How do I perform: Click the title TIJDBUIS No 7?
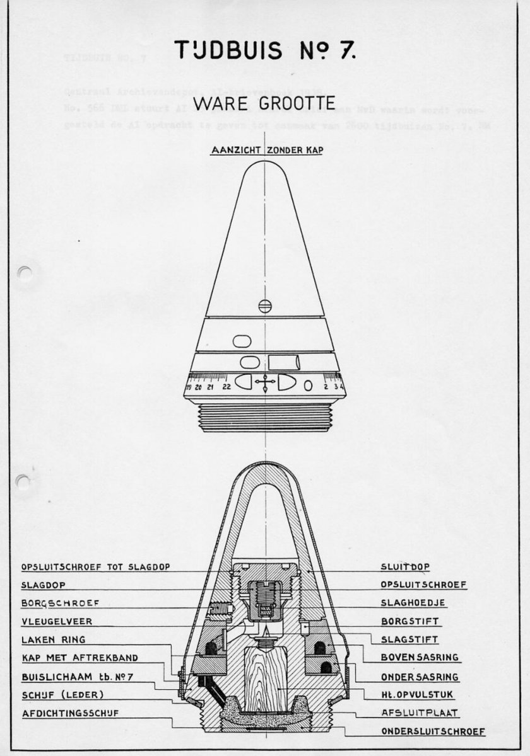[265, 50]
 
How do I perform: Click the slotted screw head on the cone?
[265, 306]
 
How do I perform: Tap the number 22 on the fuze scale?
[226, 386]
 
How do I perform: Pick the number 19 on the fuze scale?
[189, 386]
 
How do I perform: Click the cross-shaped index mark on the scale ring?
[265, 382]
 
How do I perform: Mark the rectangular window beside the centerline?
[283, 362]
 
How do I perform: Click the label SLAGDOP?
[43, 585]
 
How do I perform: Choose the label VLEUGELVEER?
[56, 621]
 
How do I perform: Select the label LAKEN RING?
[53, 639]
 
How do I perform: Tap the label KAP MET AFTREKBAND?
[79, 658]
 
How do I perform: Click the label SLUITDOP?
[405, 566]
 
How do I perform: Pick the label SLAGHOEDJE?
[413, 603]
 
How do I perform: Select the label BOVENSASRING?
[420, 658]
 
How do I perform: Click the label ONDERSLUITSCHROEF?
[433, 731]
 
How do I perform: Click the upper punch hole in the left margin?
[25, 272]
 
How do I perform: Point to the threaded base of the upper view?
[265, 417]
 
